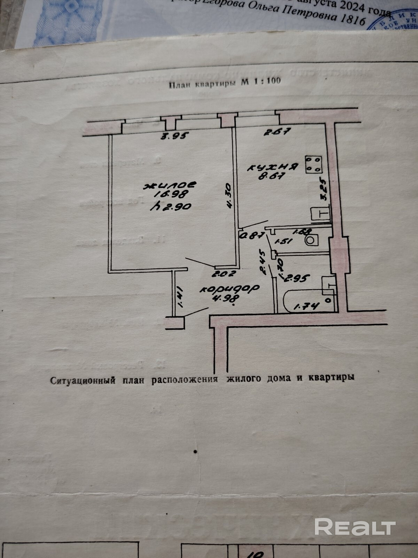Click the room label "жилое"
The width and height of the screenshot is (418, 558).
pyautogui.click(x=171, y=184)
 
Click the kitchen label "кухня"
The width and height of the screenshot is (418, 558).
pyautogui.click(x=273, y=167)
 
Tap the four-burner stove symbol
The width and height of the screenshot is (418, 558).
pyautogui.click(x=313, y=164)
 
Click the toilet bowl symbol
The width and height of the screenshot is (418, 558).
pyautogui.click(x=312, y=240)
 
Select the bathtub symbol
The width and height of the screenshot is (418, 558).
pyautogui.click(x=308, y=301)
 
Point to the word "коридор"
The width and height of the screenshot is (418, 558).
pyautogui.click(x=230, y=289)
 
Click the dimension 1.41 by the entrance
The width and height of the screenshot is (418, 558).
pyautogui.click(x=180, y=299)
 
